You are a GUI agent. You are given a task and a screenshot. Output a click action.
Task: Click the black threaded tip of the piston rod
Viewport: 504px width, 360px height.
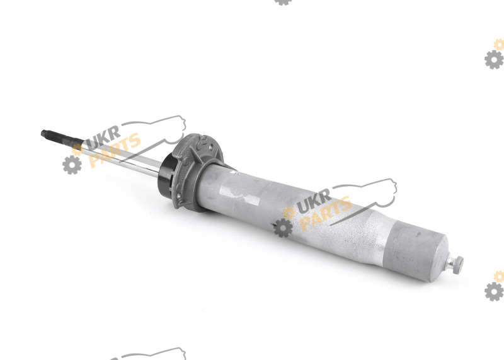(x=61, y=137)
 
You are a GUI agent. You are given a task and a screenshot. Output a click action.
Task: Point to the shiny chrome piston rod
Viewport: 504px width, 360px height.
(x=122, y=157)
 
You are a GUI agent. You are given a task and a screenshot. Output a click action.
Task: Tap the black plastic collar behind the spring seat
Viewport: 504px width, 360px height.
(x=167, y=176)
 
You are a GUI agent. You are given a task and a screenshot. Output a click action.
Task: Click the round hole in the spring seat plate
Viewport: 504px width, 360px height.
(x=211, y=148)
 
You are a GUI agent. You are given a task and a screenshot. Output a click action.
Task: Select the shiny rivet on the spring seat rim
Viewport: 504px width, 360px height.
(x=179, y=195)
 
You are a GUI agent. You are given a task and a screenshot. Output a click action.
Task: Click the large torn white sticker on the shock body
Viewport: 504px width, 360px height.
(x=239, y=192)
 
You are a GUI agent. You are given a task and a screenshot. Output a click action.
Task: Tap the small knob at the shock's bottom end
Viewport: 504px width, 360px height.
(x=455, y=264)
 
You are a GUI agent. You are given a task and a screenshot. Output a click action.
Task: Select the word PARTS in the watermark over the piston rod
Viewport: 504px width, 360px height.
(x=115, y=151)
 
